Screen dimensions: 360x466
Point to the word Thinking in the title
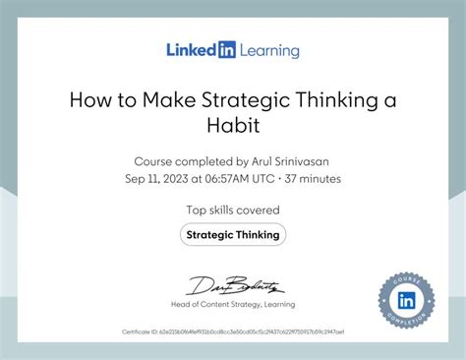[335, 99]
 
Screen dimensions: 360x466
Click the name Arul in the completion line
[260, 160]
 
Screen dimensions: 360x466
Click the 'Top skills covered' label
[233, 210]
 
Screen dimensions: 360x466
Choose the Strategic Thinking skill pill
[233, 234]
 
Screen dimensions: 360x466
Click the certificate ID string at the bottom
[233, 334]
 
